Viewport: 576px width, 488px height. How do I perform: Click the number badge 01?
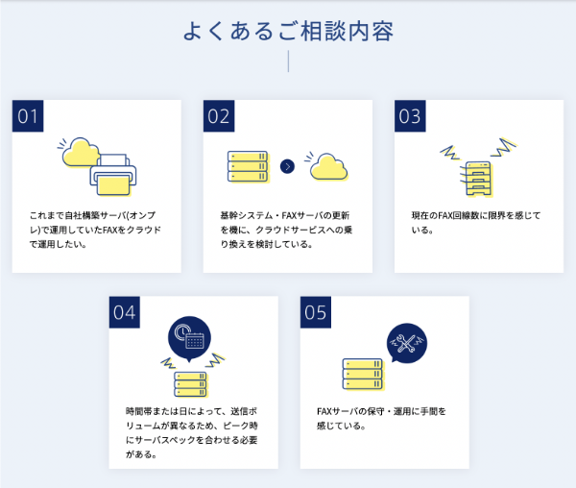tap(28, 116)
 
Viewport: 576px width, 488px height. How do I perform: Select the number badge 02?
tap(220, 116)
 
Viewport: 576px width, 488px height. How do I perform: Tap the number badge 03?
tap(411, 116)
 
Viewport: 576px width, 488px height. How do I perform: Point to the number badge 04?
tap(125, 312)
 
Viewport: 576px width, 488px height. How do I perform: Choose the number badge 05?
tap(316, 312)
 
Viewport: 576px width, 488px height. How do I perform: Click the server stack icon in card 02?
tap(247, 166)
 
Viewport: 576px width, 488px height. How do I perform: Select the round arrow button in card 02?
tap(286, 166)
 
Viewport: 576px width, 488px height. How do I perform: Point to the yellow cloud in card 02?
tap(328, 165)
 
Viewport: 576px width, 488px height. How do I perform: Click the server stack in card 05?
tap(363, 374)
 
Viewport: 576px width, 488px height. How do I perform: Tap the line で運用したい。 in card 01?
tap(57, 244)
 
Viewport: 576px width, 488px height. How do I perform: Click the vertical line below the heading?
tap(288, 61)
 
